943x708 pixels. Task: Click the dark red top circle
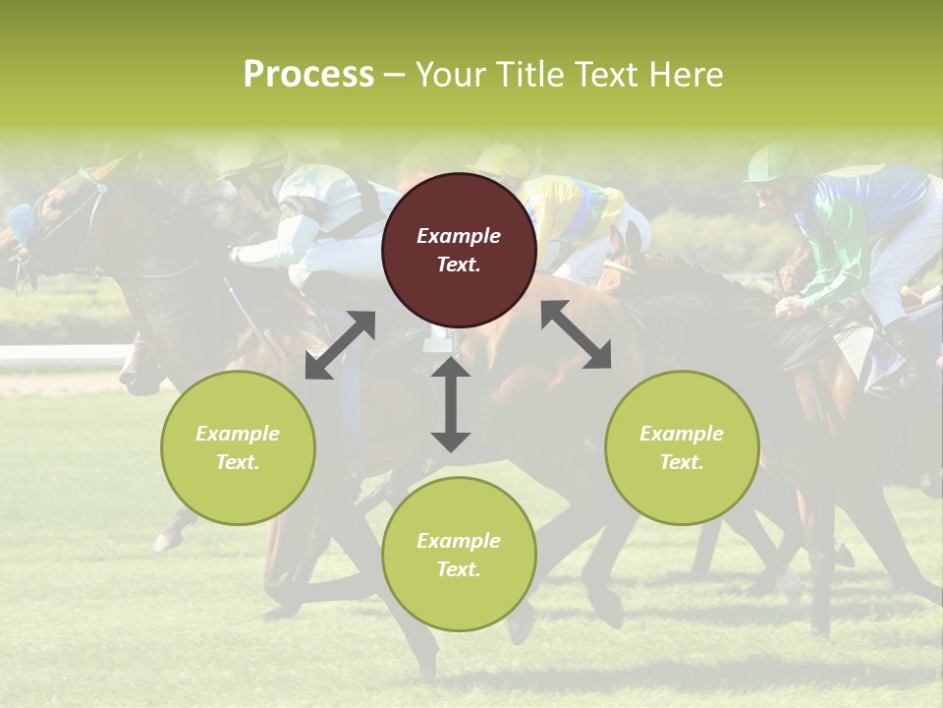[x=459, y=250]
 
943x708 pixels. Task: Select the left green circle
[x=238, y=447]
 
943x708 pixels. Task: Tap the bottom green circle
[x=459, y=554]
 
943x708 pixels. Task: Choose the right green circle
[x=682, y=447]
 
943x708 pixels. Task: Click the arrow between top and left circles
[x=340, y=345]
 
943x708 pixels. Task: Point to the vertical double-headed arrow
[x=451, y=404]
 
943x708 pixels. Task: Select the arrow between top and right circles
[x=577, y=335]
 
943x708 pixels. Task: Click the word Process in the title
[x=308, y=74]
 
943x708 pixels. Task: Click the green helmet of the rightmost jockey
[x=779, y=162]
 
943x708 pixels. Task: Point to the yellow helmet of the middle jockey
[x=501, y=160]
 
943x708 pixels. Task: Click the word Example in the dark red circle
[x=459, y=236]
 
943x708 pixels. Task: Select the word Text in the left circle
[x=238, y=462]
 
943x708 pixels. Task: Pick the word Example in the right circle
[x=682, y=434]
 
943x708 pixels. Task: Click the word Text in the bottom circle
[x=459, y=569]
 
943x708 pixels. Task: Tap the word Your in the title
[x=448, y=74]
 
